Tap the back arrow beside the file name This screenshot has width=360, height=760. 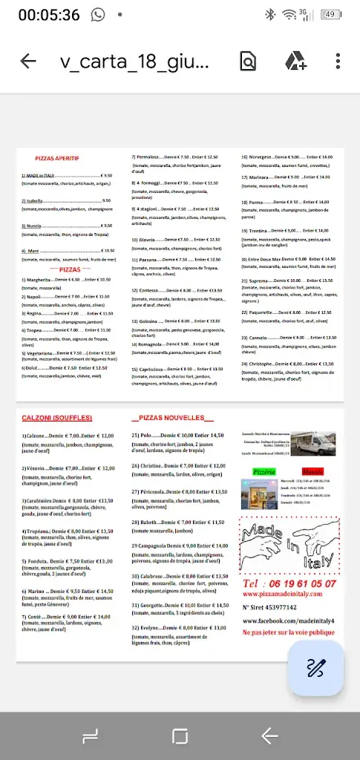click(28, 61)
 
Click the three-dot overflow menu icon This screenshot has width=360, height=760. click(338, 61)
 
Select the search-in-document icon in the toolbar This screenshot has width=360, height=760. click(249, 61)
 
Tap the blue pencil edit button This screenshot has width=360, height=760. click(315, 668)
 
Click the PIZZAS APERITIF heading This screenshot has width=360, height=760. click(57, 158)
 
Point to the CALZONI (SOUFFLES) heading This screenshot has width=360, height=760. click(57, 418)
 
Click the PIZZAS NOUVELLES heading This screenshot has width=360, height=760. click(171, 418)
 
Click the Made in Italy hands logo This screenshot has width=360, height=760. click(289, 541)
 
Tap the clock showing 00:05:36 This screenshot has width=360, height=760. click(49, 15)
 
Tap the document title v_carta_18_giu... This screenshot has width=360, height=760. click(134, 61)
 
